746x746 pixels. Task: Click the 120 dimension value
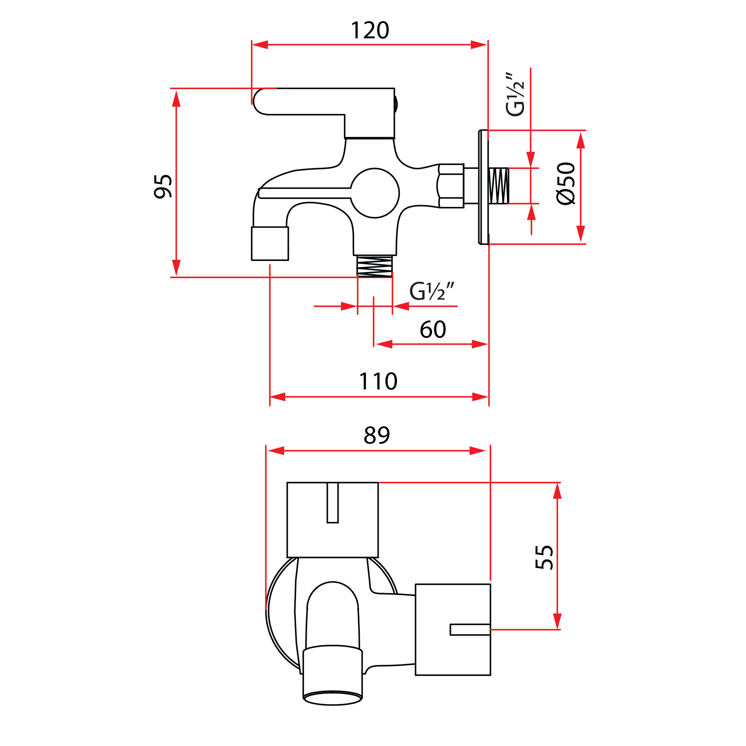pyautogui.click(x=369, y=30)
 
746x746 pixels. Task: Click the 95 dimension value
pyautogui.click(x=163, y=186)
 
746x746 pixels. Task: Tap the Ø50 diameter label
pyautogui.click(x=566, y=183)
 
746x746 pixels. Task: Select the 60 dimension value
pyautogui.click(x=433, y=329)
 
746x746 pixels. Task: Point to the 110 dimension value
pyautogui.click(x=378, y=382)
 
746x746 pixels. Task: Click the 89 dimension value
pyautogui.click(x=377, y=436)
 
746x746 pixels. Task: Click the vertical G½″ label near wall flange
pyautogui.click(x=515, y=94)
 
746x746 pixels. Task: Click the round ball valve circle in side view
pyautogui.click(x=374, y=193)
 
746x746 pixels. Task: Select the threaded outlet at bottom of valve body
pyautogui.click(x=374, y=266)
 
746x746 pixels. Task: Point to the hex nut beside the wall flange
pyautogui.click(x=451, y=186)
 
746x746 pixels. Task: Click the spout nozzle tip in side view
pyautogui.click(x=270, y=244)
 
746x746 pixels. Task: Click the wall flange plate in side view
pyautogui.click(x=483, y=187)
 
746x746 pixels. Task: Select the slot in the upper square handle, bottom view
pyautogui.click(x=333, y=502)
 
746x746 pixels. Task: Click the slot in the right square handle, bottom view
pyautogui.click(x=470, y=629)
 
